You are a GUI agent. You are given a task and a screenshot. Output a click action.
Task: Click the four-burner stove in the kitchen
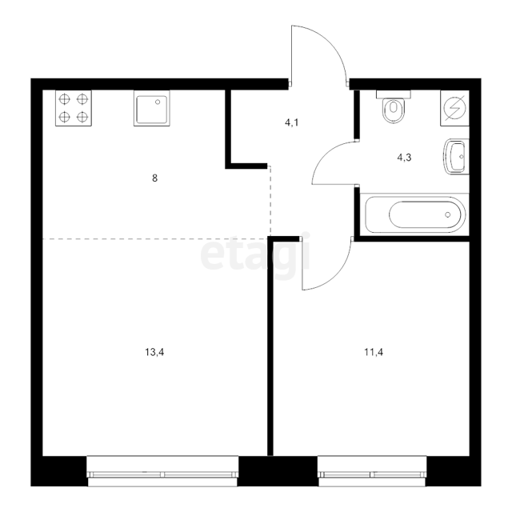(x=74, y=108)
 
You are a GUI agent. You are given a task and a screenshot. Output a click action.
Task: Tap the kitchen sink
(x=152, y=108)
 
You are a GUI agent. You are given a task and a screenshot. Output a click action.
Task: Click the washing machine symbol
(x=455, y=108)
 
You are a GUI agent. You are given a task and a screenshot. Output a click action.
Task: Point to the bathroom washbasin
(x=456, y=157)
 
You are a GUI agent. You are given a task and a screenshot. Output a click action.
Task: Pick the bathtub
(x=414, y=214)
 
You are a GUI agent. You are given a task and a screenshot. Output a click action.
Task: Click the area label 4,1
(x=291, y=123)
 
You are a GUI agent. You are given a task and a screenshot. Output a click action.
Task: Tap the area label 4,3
(x=404, y=158)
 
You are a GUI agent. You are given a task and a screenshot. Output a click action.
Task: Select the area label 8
(x=154, y=178)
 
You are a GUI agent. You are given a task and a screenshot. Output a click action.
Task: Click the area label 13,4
(x=154, y=352)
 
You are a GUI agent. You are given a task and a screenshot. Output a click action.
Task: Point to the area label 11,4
(x=374, y=352)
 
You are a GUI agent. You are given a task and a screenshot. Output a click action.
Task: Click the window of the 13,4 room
(x=162, y=471)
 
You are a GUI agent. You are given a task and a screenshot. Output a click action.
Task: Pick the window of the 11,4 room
(x=372, y=471)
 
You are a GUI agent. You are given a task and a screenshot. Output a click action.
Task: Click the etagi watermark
(x=255, y=254)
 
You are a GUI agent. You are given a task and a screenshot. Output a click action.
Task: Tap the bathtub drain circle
(x=448, y=214)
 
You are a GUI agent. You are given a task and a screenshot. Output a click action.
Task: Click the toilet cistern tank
(x=394, y=94)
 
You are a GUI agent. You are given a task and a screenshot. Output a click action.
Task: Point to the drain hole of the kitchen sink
(x=158, y=102)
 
